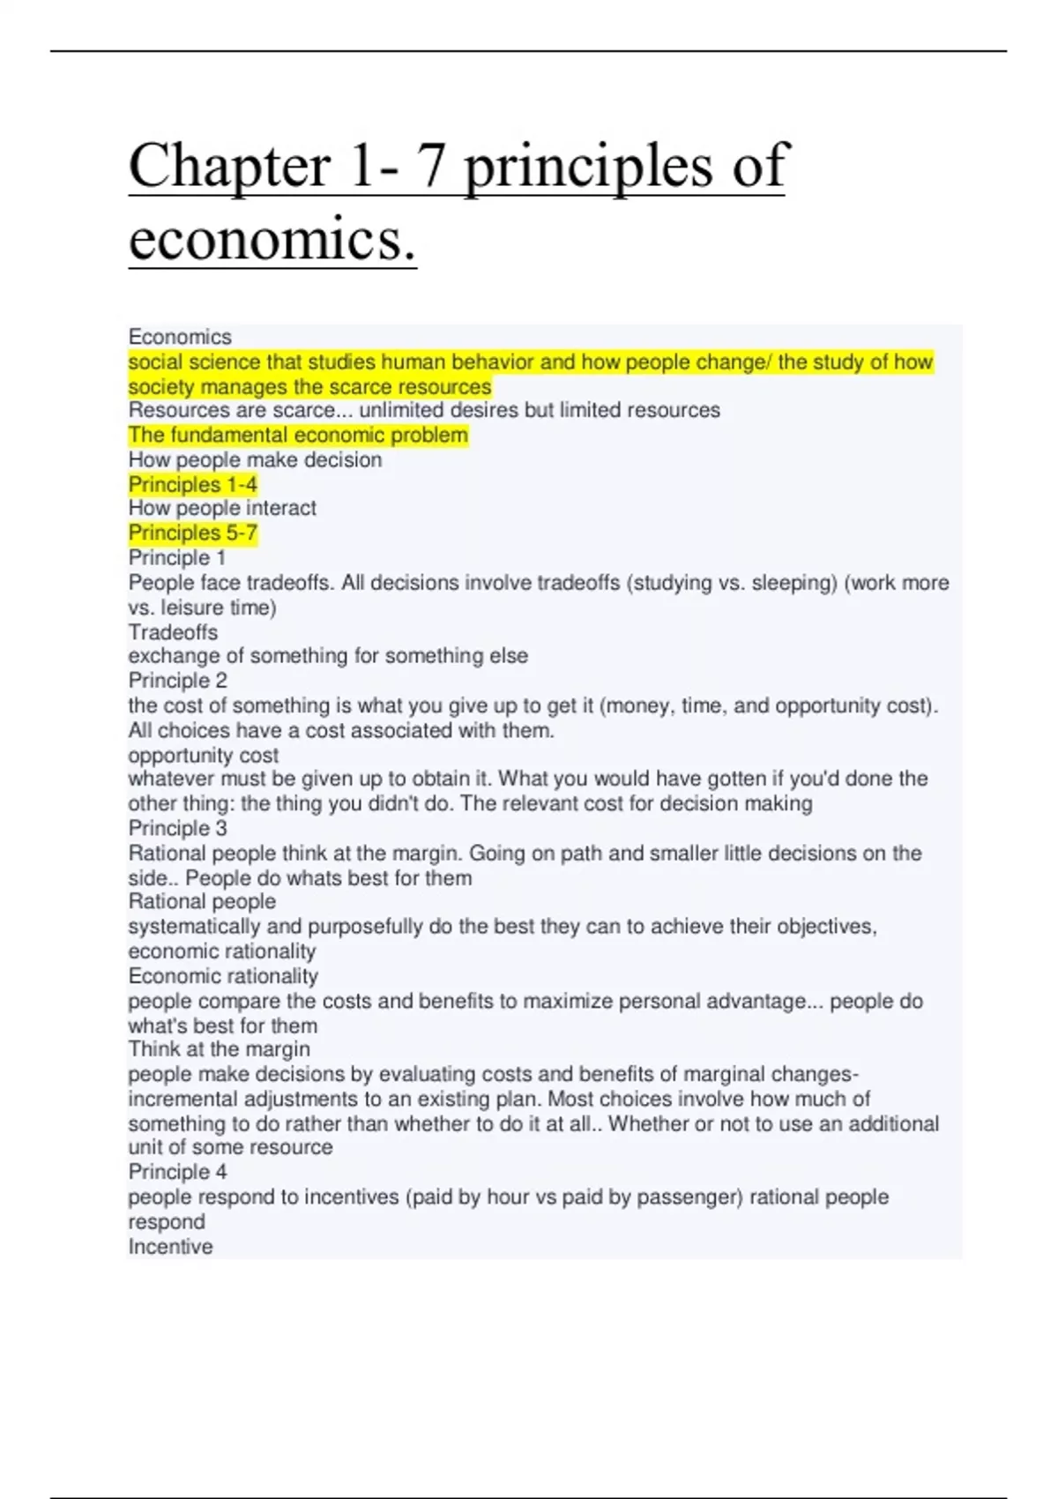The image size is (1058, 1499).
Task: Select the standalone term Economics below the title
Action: click(180, 337)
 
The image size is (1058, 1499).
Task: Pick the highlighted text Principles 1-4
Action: click(192, 484)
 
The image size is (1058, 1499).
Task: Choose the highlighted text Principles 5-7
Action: click(192, 533)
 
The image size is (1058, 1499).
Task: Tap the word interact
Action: click(280, 508)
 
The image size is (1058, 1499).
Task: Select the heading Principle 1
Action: click(176, 557)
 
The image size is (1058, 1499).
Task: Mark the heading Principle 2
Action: click(177, 681)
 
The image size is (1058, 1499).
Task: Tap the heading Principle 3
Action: click(177, 828)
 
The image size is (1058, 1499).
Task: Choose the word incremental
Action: click(183, 1099)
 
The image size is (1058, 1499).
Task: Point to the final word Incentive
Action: click(170, 1247)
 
